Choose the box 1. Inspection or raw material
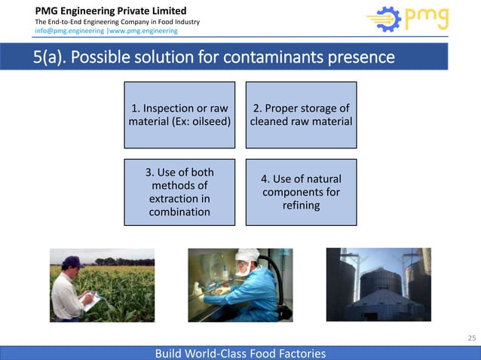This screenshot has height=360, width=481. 179,114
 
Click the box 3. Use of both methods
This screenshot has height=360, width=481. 179,192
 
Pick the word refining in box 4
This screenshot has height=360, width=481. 301,206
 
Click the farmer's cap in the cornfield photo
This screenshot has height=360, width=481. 72,261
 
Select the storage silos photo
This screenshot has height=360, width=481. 378,285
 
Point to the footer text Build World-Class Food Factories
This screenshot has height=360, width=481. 240,352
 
